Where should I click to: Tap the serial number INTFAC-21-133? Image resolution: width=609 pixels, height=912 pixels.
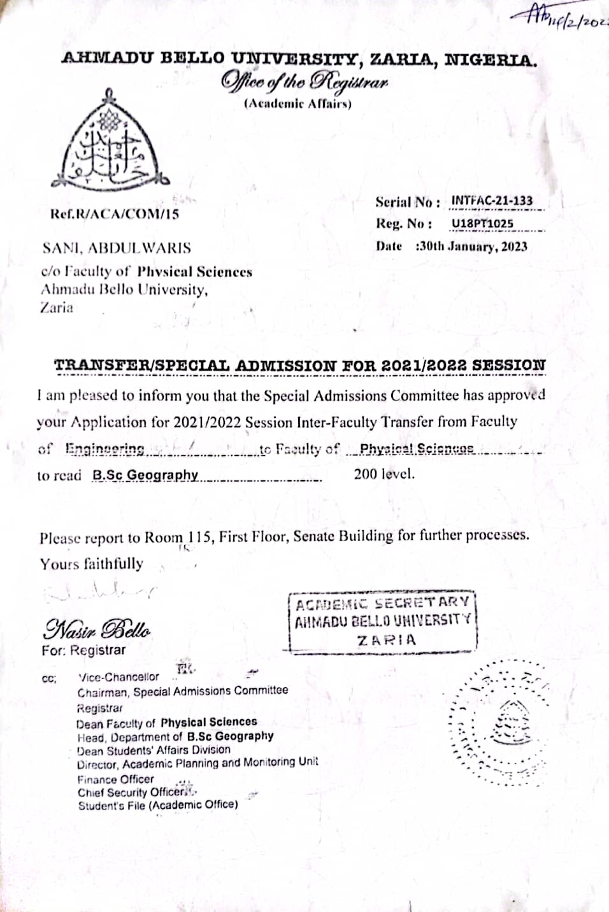click(x=491, y=201)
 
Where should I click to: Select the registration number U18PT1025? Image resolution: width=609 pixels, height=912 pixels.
click(x=482, y=224)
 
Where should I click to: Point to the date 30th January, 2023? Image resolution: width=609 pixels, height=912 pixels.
click(x=471, y=246)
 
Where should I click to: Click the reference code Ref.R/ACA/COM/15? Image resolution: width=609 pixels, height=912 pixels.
click(x=115, y=214)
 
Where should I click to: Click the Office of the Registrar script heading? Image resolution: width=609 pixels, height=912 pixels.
click(x=304, y=82)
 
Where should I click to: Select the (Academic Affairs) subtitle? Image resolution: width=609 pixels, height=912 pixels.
click(x=298, y=104)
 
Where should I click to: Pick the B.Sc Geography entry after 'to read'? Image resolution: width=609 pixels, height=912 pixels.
click(x=145, y=475)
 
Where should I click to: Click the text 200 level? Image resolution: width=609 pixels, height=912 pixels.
click(x=384, y=474)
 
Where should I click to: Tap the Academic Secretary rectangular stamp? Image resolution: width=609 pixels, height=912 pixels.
click(x=383, y=622)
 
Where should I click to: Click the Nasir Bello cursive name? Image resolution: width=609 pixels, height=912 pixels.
click(x=97, y=629)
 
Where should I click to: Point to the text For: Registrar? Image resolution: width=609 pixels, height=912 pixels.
click(x=83, y=651)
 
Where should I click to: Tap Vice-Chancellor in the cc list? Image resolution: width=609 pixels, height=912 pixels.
click(x=118, y=677)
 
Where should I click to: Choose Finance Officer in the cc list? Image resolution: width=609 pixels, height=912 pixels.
click(x=115, y=779)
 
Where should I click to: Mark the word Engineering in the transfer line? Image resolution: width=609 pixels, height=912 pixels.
click(x=105, y=449)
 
